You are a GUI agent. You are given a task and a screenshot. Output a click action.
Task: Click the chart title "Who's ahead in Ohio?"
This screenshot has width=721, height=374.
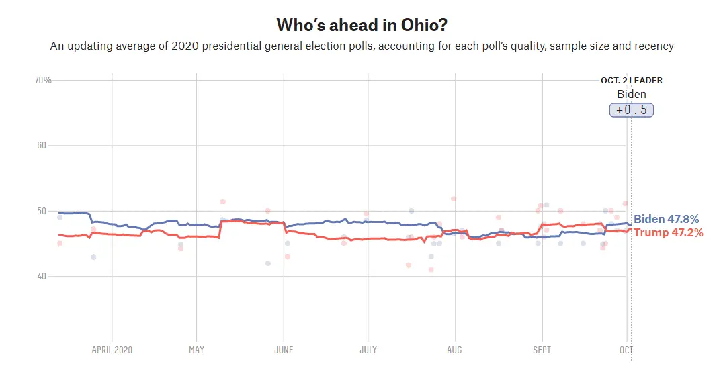(x=362, y=25)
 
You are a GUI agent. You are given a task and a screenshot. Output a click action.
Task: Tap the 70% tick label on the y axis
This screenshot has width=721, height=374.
(x=43, y=81)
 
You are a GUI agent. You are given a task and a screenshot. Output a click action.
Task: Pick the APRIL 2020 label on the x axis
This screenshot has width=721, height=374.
(x=112, y=350)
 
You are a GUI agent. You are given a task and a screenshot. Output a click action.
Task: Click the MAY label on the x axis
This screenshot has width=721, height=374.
(x=196, y=350)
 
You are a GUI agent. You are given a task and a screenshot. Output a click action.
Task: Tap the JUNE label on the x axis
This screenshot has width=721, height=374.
(x=284, y=350)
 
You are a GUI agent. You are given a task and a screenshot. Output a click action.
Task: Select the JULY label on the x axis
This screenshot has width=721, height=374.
(x=368, y=350)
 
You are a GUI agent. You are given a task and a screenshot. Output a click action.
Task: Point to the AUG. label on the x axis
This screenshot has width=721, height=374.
(x=455, y=350)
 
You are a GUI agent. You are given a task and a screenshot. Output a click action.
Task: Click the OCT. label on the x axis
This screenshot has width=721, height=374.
(x=626, y=350)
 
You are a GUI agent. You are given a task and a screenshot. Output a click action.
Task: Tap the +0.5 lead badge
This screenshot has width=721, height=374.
(x=631, y=110)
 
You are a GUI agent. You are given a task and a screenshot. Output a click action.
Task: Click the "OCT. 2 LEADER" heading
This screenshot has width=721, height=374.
(x=631, y=81)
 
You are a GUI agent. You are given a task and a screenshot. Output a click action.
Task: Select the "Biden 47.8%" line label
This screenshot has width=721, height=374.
(x=667, y=219)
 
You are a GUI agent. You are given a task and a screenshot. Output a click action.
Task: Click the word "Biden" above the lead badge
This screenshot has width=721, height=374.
(x=631, y=95)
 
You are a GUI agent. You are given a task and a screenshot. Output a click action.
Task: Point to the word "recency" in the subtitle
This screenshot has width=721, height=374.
(x=653, y=46)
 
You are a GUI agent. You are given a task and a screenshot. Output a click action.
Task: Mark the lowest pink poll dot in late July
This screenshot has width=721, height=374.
(x=431, y=270)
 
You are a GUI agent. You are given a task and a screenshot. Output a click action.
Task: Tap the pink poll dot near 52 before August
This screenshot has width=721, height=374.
(x=454, y=199)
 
